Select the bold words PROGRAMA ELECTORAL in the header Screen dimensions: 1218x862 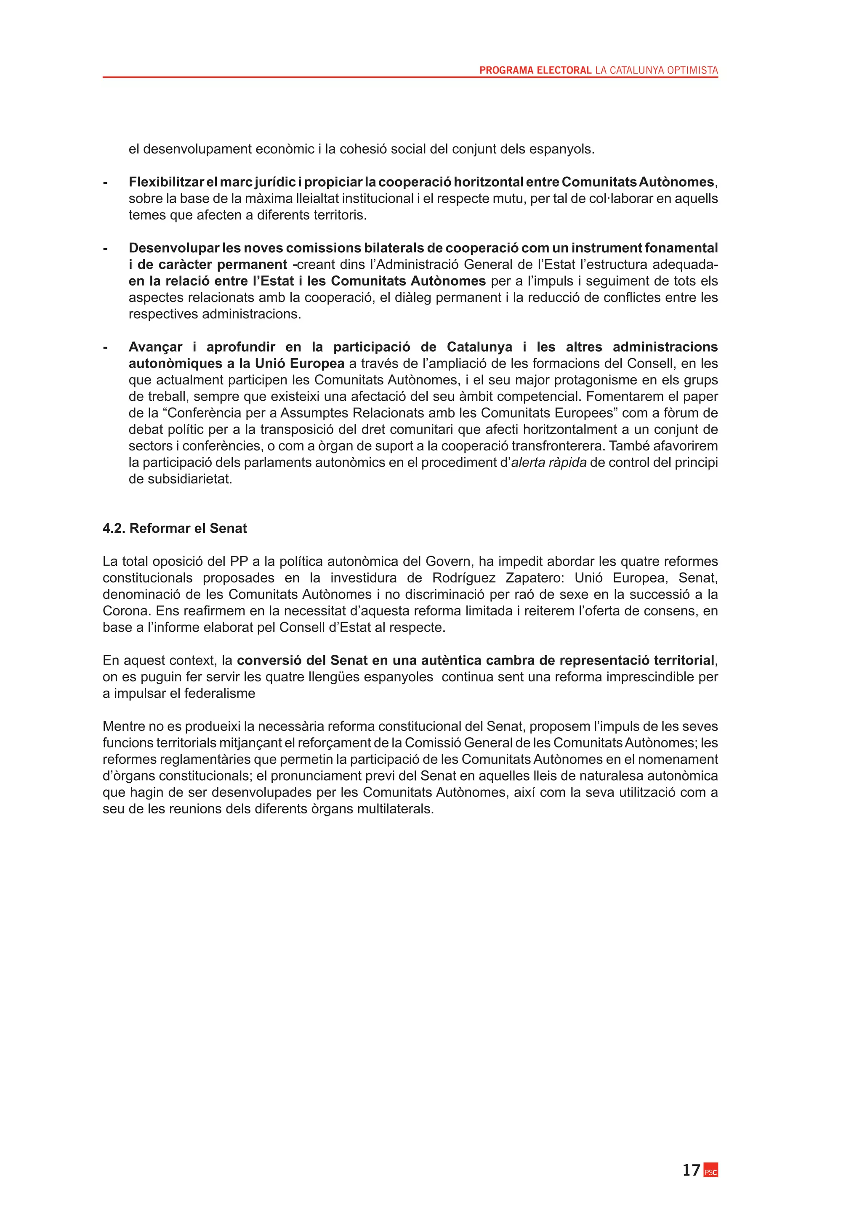(x=535, y=70)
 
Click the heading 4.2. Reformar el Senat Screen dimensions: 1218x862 (x=175, y=528)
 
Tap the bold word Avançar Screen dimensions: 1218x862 (x=155, y=347)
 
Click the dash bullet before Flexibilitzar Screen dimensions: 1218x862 (x=105, y=182)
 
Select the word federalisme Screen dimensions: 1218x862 (x=219, y=694)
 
